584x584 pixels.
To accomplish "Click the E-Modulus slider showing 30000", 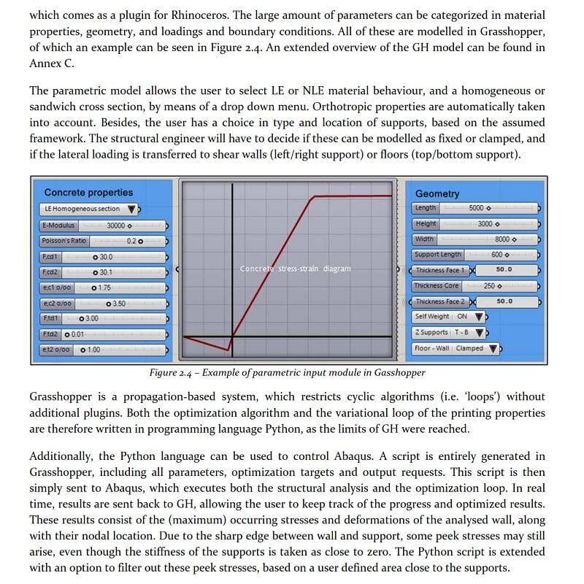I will pyautogui.click(x=102, y=226).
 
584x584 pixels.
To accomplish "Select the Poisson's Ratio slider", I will pyautogui.click(x=102, y=241).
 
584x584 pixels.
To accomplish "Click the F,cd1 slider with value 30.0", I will pyautogui.click(x=102, y=257).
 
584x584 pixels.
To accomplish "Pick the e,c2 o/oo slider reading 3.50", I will pyautogui.click(x=102, y=303).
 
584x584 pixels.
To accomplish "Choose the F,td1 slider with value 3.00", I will pyautogui.click(x=102, y=318).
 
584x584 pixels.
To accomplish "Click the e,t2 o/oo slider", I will pyautogui.click(x=102, y=350).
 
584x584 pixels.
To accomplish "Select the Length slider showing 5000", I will pyautogui.click(x=474, y=208).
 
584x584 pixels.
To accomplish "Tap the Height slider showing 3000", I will pyautogui.click(x=474, y=224).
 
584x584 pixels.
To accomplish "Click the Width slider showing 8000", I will pyautogui.click(x=474, y=239).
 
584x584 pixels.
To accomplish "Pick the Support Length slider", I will pyautogui.click(x=474, y=255).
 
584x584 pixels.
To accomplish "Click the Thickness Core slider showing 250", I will pyautogui.click(x=474, y=286).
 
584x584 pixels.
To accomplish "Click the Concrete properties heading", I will pyautogui.click(x=88, y=193).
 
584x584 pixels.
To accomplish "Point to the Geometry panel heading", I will pyautogui.click(x=437, y=193).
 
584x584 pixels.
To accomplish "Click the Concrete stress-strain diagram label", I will pyautogui.click(x=295, y=269).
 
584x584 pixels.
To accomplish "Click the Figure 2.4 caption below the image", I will pyautogui.click(x=287, y=373).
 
